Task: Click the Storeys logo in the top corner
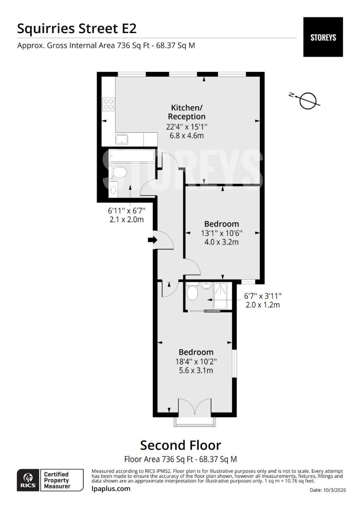pos(323,37)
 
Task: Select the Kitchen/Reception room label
pos(188,111)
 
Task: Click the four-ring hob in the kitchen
pos(109,104)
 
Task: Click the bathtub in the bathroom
pos(132,156)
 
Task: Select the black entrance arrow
pos(152,240)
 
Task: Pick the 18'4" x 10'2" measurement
pos(196,361)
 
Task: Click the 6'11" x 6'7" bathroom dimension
pos(126,211)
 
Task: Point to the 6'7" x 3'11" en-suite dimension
pos(262,296)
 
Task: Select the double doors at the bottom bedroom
pos(195,408)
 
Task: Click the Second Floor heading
pos(180,445)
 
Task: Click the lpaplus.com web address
pos(111,489)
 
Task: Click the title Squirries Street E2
pos(77,28)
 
